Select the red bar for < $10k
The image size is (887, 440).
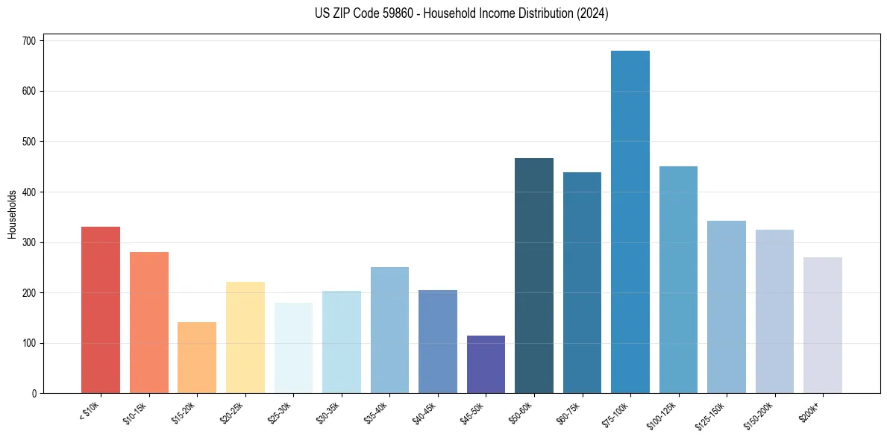(x=101, y=309)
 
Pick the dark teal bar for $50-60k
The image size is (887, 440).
(x=534, y=275)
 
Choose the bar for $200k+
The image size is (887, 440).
(x=823, y=325)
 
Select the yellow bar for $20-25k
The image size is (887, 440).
(x=245, y=337)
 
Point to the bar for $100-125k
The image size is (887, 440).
(x=678, y=280)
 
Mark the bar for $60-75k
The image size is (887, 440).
(x=582, y=283)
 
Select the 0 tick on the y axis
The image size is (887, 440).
(x=34, y=394)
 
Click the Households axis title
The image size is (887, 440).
(x=12, y=214)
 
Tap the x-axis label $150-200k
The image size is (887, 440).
(x=758, y=415)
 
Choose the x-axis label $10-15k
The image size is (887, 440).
(x=135, y=412)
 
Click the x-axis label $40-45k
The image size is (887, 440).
(x=424, y=412)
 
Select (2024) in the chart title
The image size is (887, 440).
(x=593, y=13)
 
